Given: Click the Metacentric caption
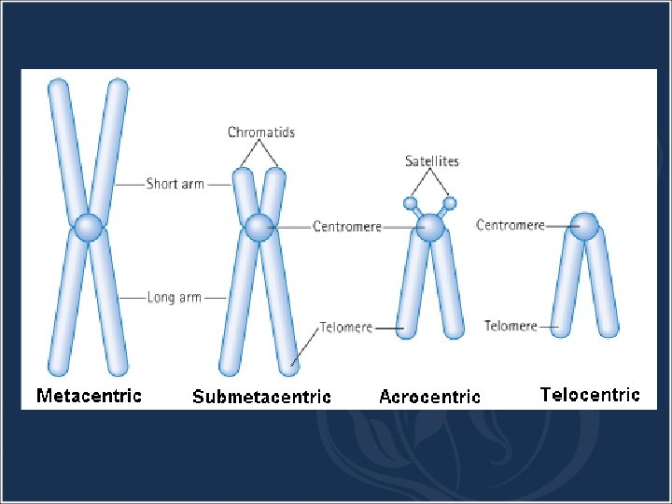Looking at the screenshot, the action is (x=89, y=395).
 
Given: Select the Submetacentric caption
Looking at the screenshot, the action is (x=261, y=397).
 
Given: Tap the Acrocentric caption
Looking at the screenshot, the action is (x=429, y=397).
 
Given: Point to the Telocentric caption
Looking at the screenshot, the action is (x=590, y=394).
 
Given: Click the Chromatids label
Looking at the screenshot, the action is (x=261, y=133).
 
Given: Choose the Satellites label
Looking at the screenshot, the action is (x=432, y=161).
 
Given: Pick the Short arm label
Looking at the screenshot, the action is (x=175, y=184).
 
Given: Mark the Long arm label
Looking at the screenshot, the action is (x=175, y=298).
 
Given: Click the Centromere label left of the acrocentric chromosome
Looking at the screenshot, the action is (x=347, y=227).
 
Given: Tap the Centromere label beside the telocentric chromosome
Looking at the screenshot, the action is (x=511, y=225).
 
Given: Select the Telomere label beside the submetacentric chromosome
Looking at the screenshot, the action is (x=346, y=328).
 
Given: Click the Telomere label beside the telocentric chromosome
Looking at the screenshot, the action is (x=511, y=326).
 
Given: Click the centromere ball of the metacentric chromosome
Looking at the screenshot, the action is (x=89, y=227).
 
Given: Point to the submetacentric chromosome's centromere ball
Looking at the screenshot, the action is (x=259, y=226).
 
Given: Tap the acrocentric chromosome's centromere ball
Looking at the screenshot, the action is (x=430, y=227).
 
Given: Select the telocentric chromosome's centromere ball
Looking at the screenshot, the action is (x=585, y=225).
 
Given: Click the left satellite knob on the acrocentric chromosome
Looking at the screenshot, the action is (x=410, y=203).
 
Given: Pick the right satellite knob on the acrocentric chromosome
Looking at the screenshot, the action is (x=450, y=203).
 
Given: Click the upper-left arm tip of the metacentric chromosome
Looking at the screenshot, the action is (x=58, y=89).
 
